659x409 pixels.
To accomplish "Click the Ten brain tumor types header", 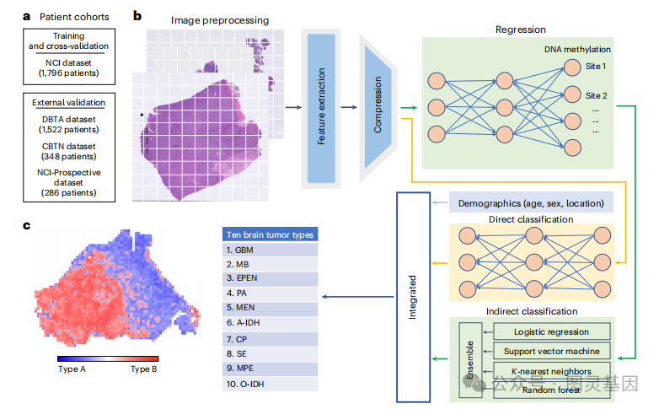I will tap(270, 234).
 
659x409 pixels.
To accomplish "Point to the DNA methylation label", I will tap(577, 50).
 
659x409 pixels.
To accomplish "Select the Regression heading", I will tap(521, 30).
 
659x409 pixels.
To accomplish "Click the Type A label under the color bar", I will tap(73, 369).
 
